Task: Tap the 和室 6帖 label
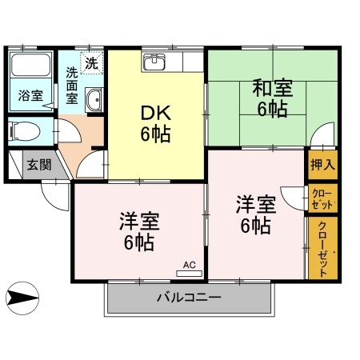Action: tap(271, 98)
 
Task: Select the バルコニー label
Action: tap(189, 298)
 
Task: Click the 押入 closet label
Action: tap(323, 166)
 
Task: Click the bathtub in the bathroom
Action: tap(30, 70)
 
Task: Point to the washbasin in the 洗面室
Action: tap(94, 99)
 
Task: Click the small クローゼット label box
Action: tap(323, 198)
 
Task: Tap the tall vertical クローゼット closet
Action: tap(323, 248)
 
